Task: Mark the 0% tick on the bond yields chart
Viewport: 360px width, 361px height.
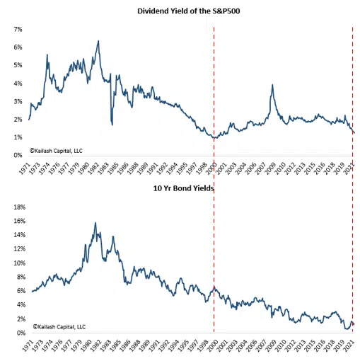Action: click(18, 333)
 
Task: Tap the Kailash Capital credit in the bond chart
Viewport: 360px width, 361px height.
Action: click(59, 327)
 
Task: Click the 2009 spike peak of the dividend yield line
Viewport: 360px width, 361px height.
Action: click(272, 85)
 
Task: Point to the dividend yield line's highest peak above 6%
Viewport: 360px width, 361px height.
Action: click(98, 41)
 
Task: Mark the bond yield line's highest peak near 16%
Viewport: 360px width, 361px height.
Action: click(95, 224)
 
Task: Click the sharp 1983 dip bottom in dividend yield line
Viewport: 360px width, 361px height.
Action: click(112, 125)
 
